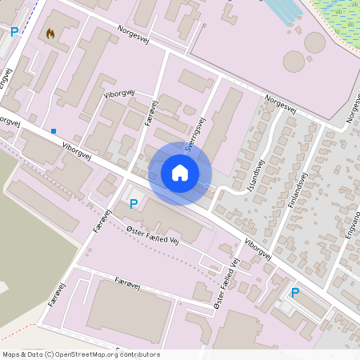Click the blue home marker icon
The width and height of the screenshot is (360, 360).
tap(180, 173)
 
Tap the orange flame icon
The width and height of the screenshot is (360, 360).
tap(51, 34)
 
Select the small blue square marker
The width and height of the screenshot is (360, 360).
tap(54, 130)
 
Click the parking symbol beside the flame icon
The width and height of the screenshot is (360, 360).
tap(14, 32)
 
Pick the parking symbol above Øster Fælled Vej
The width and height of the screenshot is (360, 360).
tap(134, 204)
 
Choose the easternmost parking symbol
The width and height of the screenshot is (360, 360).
tap(295, 293)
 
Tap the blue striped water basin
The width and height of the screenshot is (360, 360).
tap(284, 10)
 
